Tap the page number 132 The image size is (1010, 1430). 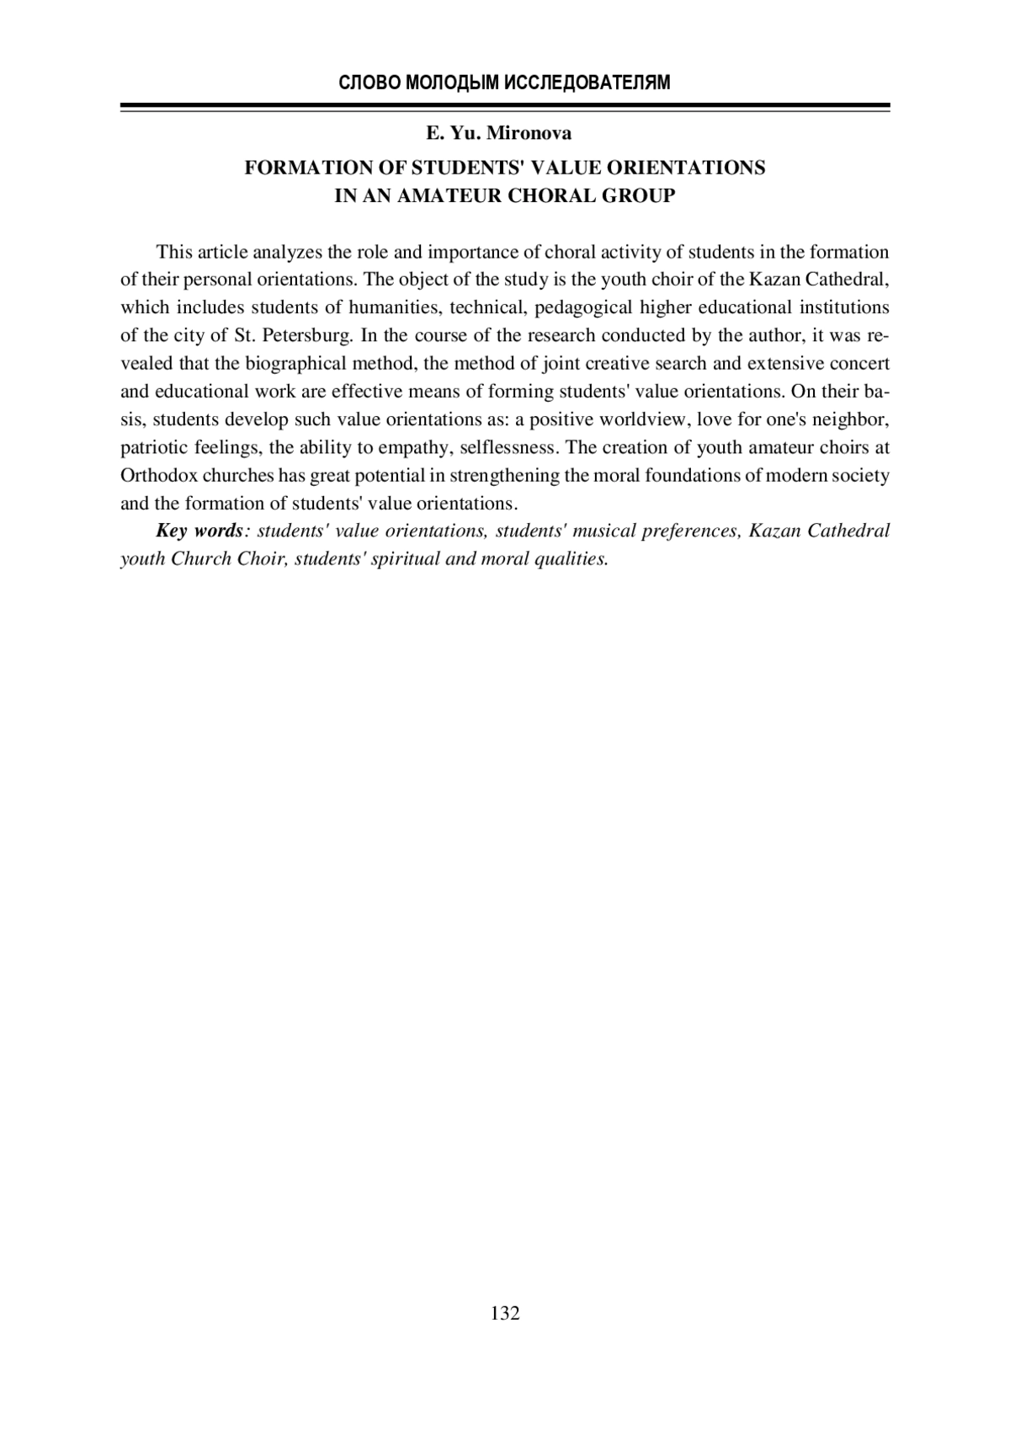[x=505, y=1312]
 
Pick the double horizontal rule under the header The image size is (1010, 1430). [x=505, y=107]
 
